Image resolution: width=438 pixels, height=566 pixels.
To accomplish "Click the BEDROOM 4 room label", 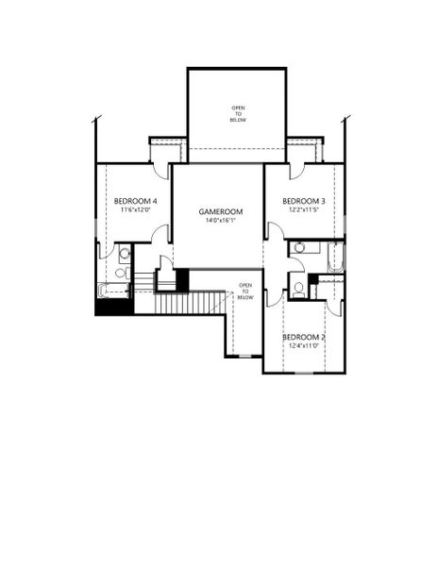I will [x=136, y=201].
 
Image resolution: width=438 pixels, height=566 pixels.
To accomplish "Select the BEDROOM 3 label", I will [x=305, y=201].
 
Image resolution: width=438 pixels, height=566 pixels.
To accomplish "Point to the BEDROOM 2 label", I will [x=304, y=338].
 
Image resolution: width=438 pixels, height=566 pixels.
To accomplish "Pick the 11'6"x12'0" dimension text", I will [x=136, y=211].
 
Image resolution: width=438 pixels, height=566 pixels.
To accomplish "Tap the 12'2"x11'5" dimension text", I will [x=305, y=211].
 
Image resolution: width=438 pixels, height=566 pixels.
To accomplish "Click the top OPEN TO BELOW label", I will [x=237, y=114].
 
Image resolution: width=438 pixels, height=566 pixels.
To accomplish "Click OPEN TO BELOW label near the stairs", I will [x=245, y=291].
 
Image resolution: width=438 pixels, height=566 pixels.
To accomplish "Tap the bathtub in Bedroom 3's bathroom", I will [x=335, y=257].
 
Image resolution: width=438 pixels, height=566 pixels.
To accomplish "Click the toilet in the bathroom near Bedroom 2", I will [x=298, y=288].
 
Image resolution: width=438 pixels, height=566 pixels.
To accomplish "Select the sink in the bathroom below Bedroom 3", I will [x=300, y=247].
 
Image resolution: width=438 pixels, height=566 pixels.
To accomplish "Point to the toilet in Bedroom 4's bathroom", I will [x=122, y=273].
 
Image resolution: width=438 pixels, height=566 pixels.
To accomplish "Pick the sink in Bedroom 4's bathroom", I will [x=123, y=252].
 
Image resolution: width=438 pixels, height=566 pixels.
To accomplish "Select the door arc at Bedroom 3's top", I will [x=295, y=171].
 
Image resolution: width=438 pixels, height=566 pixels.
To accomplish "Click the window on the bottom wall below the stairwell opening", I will [x=244, y=356].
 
